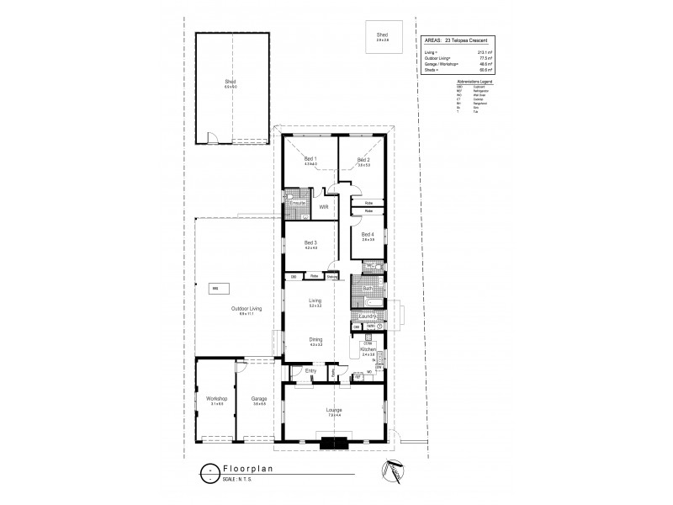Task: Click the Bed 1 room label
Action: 310,159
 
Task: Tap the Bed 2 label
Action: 363,159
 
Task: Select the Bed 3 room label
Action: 310,242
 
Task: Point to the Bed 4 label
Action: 367,235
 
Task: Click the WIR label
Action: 323,205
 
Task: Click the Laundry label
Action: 368,316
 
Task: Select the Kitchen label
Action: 368,348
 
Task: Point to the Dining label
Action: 315,340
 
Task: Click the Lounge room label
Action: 334,410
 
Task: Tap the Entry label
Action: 310,370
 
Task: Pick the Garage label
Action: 259,400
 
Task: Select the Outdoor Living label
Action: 246,309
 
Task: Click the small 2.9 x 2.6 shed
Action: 383,36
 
